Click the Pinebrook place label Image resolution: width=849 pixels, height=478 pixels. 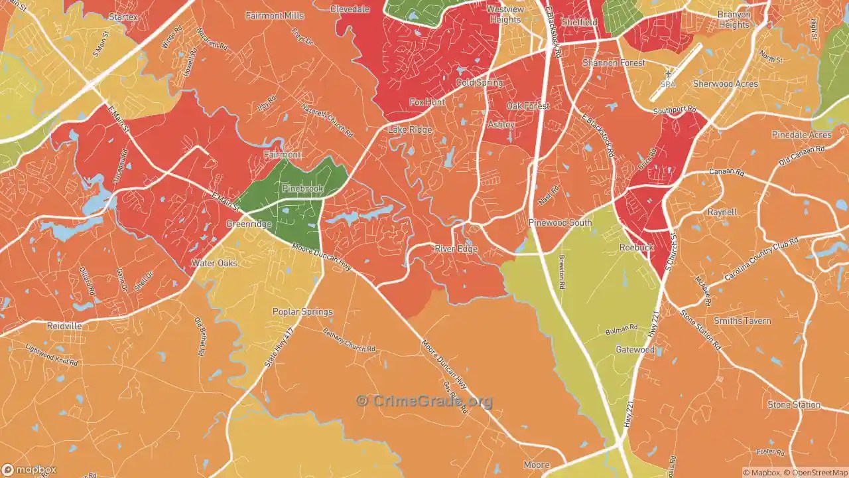[302, 189]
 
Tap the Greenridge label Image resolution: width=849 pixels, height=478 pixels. [249, 224]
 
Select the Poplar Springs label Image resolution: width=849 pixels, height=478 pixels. [302, 311]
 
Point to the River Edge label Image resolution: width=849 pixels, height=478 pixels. [456, 248]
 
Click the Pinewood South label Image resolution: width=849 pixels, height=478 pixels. [560, 222]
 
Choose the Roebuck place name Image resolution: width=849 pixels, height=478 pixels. [637, 247]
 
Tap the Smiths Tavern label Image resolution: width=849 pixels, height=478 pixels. [742, 321]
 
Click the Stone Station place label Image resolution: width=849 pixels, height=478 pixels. [794, 404]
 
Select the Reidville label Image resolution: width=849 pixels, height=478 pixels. [64, 326]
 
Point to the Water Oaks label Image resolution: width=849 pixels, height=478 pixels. [214, 263]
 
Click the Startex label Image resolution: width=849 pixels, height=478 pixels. [123, 17]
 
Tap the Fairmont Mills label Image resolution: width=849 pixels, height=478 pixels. [275, 15]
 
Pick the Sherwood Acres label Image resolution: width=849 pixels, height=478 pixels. [725, 84]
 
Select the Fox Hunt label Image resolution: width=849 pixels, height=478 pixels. [427, 102]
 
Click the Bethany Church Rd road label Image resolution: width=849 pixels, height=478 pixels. [349, 341]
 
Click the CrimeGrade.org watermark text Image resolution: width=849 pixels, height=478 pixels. [424, 401]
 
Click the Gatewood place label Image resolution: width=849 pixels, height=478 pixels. [635, 349]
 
